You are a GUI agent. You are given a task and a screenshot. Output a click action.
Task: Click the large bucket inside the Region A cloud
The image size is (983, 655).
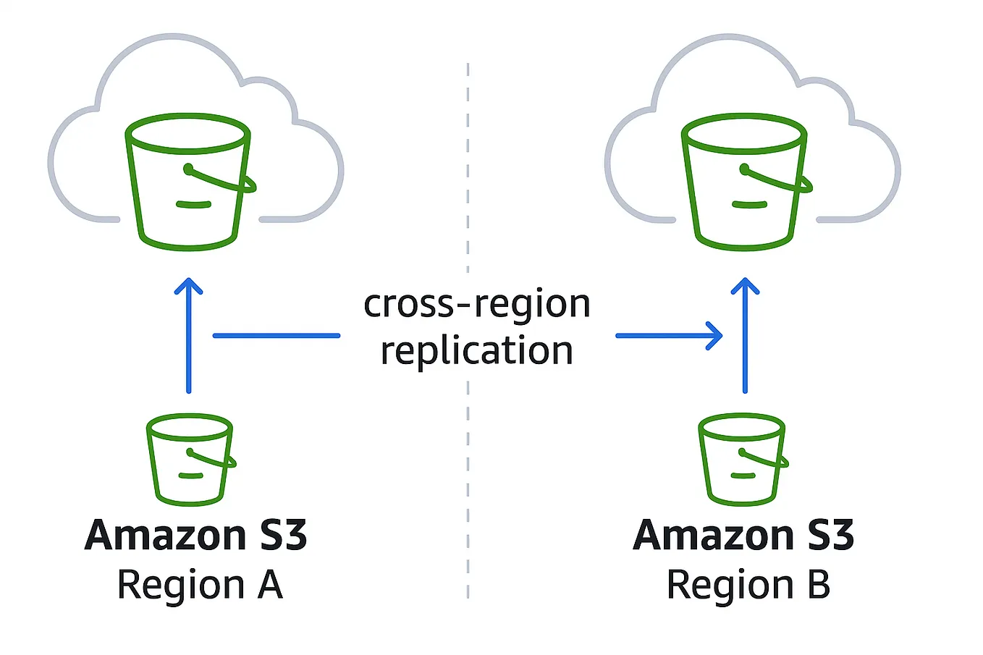tap(188, 185)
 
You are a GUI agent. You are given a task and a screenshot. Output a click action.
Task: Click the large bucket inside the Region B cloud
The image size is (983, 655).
tap(744, 185)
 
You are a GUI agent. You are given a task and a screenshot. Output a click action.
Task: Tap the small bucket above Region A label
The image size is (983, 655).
tap(190, 460)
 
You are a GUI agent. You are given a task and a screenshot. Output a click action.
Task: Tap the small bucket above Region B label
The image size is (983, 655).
tap(743, 460)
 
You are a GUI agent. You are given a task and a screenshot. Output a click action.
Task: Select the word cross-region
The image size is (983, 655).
tap(477, 304)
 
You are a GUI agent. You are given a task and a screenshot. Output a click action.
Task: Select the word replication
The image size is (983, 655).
tap(477, 351)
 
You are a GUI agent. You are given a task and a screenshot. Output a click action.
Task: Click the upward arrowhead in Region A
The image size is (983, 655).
tap(189, 285)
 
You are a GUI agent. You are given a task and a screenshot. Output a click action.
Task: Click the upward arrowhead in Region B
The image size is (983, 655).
tap(745, 285)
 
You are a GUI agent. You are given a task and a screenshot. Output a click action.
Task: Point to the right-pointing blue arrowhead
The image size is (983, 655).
tap(715, 336)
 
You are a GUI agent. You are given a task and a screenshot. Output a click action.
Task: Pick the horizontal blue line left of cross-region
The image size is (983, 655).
tap(276, 336)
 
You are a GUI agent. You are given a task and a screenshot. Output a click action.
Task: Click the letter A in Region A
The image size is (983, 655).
tap(269, 585)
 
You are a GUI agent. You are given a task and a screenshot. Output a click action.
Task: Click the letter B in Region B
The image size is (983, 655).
tap(818, 585)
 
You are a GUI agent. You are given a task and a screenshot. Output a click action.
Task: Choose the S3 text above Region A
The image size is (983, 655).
tap(283, 536)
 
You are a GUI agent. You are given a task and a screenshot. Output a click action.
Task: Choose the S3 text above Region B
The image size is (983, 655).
tap(830, 536)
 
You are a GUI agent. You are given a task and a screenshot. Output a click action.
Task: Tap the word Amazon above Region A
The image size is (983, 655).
tap(166, 536)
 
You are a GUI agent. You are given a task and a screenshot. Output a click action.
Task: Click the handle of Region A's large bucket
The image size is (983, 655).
tap(224, 181)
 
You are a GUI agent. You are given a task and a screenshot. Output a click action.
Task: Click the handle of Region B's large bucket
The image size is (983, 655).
tap(780, 181)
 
